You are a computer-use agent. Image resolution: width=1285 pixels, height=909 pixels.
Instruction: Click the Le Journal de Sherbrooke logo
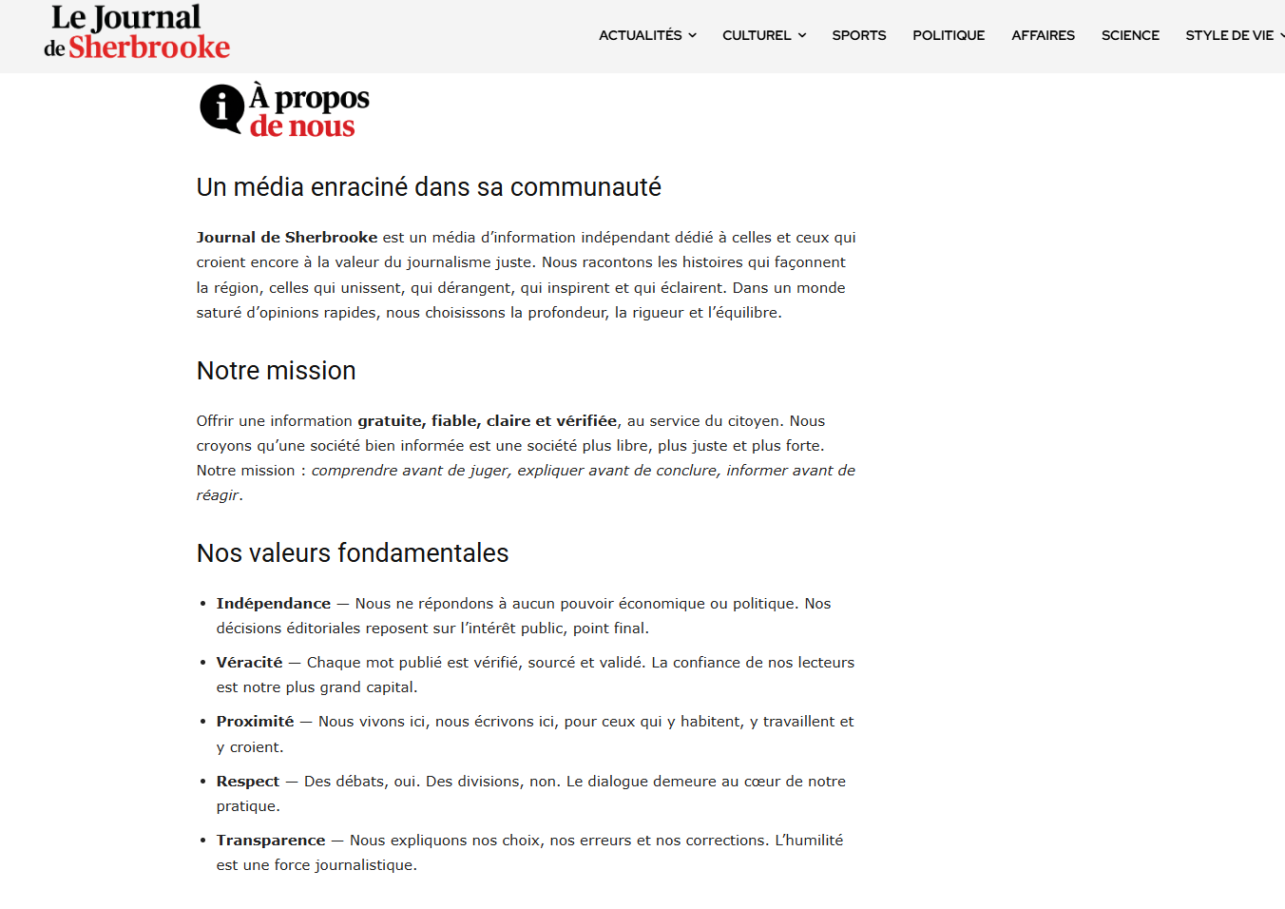pyautogui.click(x=137, y=32)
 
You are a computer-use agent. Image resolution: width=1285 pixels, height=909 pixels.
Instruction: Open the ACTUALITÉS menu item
pyautogui.click(x=641, y=35)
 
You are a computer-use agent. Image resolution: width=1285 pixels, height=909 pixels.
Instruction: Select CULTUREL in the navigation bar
pyautogui.click(x=757, y=35)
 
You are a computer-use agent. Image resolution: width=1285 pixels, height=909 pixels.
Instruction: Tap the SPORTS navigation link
pyautogui.click(x=859, y=35)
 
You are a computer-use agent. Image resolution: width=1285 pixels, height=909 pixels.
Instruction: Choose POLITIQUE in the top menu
pyautogui.click(x=949, y=35)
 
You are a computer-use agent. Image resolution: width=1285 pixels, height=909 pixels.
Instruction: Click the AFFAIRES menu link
pyautogui.click(x=1043, y=35)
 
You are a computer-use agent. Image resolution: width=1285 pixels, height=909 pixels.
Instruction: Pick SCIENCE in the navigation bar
pyautogui.click(x=1130, y=35)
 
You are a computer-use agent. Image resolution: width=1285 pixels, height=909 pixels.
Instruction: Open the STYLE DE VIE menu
pyautogui.click(x=1229, y=35)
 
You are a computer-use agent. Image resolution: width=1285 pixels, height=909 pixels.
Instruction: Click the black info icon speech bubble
pyautogui.click(x=221, y=108)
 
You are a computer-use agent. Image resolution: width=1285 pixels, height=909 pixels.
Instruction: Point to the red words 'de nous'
pyautogui.click(x=302, y=126)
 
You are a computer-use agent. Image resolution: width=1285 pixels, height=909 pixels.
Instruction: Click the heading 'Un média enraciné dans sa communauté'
pyautogui.click(x=429, y=187)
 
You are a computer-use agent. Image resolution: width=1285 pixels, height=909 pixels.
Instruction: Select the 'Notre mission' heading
pyautogui.click(x=277, y=371)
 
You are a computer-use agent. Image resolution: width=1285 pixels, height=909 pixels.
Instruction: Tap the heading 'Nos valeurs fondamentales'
pyautogui.click(x=353, y=553)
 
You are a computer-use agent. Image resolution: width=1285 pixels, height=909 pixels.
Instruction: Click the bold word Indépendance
pyautogui.click(x=274, y=604)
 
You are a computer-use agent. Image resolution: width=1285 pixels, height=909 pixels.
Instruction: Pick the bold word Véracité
pyautogui.click(x=249, y=663)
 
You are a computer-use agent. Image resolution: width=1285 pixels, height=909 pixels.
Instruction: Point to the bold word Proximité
pyautogui.click(x=255, y=722)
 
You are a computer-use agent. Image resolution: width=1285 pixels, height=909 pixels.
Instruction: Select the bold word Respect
pyautogui.click(x=247, y=782)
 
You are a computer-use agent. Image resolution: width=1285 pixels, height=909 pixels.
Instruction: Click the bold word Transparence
pyautogui.click(x=271, y=841)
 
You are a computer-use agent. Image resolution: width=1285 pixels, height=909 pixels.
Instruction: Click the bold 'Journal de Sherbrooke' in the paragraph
pyautogui.click(x=287, y=238)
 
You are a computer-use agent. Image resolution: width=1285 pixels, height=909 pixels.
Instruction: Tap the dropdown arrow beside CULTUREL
pyautogui.click(x=802, y=35)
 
